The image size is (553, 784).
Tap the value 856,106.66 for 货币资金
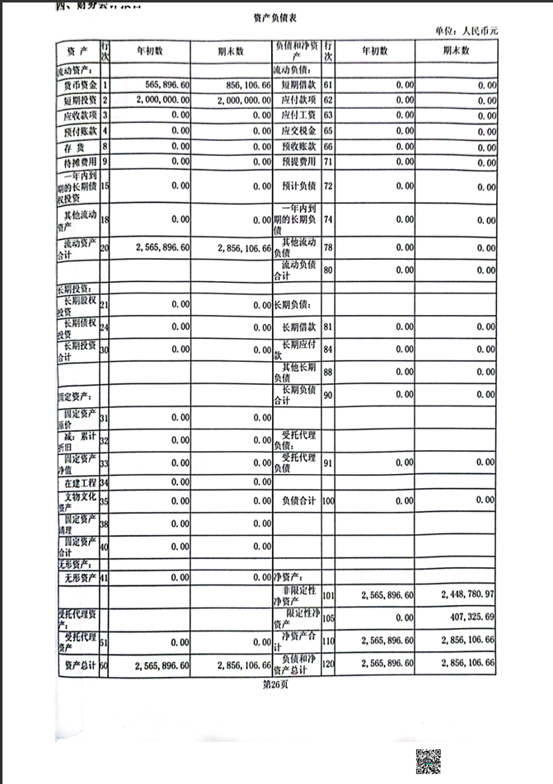(244, 84)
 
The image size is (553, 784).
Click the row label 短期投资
(80, 100)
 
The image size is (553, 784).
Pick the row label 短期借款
(298, 84)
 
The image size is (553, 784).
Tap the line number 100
(329, 500)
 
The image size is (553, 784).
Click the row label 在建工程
(80, 482)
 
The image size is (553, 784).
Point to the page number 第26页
(276, 683)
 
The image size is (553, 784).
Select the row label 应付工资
(298, 115)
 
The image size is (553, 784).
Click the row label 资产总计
(78, 664)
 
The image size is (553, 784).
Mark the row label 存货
(80, 146)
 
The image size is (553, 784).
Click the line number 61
(328, 84)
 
